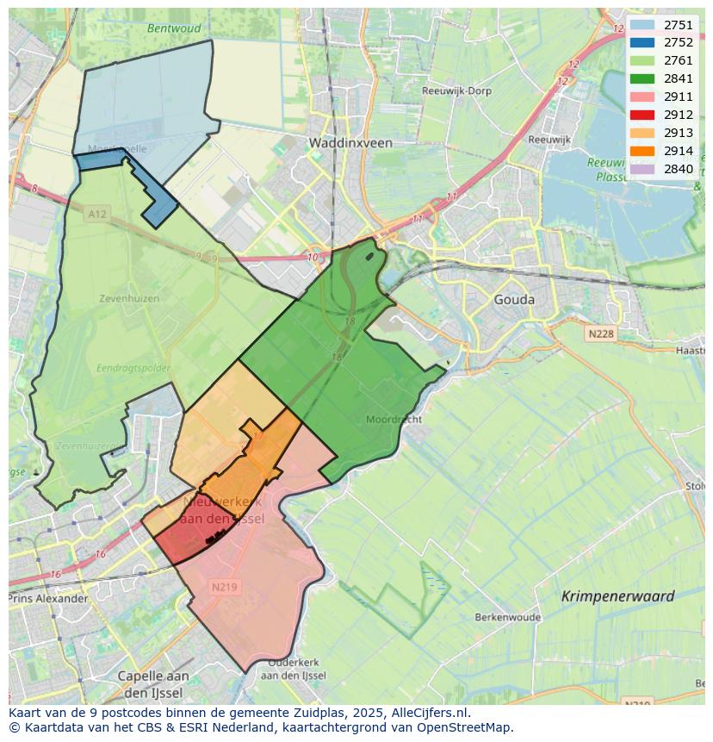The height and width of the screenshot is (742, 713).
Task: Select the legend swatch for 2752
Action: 642,43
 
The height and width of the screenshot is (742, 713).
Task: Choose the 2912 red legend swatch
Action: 642,115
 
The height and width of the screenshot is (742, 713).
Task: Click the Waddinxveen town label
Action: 350,143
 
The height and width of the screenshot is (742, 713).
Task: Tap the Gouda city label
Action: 514,300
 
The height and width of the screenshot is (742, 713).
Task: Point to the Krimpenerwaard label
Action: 617,596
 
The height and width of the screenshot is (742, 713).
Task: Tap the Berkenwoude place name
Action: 507,618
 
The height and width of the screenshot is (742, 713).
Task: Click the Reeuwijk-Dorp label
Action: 456,90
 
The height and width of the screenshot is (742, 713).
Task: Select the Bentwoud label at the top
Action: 173,28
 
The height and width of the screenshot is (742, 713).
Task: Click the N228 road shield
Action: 602,334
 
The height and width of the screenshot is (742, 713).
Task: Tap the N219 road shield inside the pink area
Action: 224,587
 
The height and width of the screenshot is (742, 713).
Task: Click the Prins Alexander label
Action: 48,599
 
